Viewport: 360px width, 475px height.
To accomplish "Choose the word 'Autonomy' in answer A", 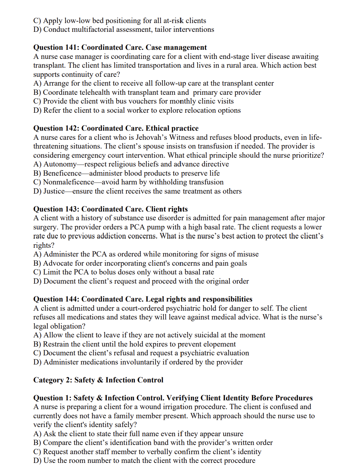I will click(x=60, y=164).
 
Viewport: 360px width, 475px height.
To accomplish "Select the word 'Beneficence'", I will click(x=62, y=173).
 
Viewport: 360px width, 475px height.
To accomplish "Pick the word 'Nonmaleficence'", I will click(x=68, y=182).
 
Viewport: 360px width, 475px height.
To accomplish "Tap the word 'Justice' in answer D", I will click(x=54, y=191).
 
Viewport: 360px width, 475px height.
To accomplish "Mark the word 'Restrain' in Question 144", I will click(x=56, y=344).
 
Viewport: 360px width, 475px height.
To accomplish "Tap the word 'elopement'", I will click(x=219, y=344).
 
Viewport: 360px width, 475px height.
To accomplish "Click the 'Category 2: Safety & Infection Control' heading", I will click(x=98, y=380).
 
